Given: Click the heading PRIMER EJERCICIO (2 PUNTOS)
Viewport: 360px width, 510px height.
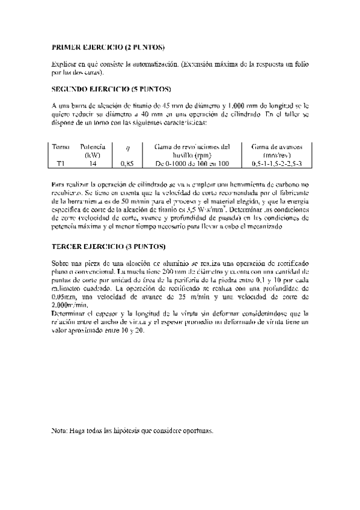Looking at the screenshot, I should pos(109,46).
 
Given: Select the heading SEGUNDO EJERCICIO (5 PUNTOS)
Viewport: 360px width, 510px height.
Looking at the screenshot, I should pos(112,88).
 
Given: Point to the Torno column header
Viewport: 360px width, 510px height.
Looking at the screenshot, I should pos(61,147).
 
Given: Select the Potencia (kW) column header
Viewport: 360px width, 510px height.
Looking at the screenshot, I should pos(93,150).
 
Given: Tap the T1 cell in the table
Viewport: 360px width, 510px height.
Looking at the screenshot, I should pos(61,163).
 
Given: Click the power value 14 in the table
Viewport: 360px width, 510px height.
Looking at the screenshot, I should pos(93,163).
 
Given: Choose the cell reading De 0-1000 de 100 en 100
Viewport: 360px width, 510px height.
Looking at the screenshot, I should pos(192,163).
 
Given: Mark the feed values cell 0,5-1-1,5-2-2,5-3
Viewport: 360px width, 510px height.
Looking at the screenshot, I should pos(277,163).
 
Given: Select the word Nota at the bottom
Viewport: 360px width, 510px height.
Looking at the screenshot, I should pos(59,431).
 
